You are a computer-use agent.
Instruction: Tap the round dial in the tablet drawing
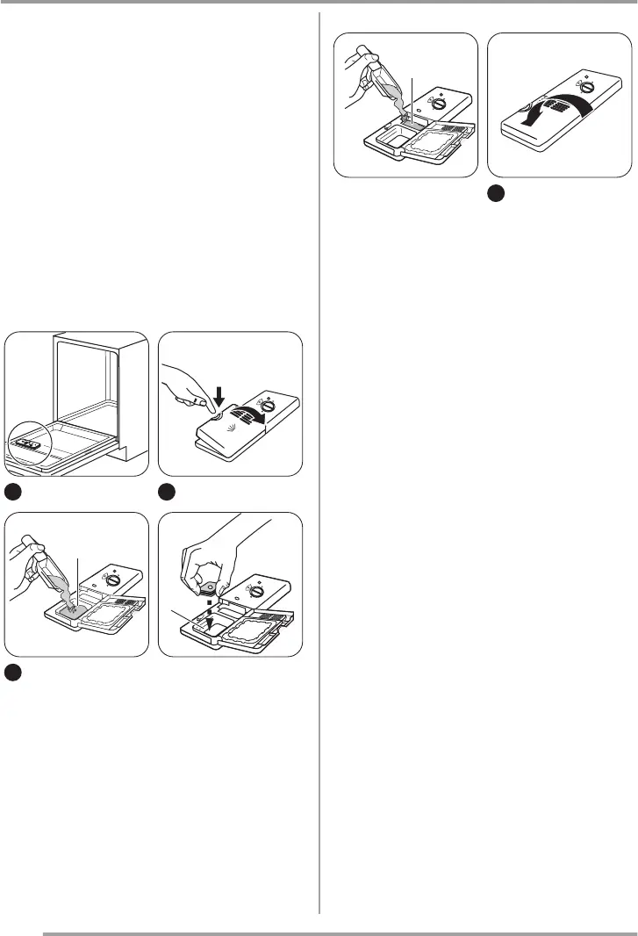point(256,589)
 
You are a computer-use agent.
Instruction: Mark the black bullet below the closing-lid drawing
point(495,193)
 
